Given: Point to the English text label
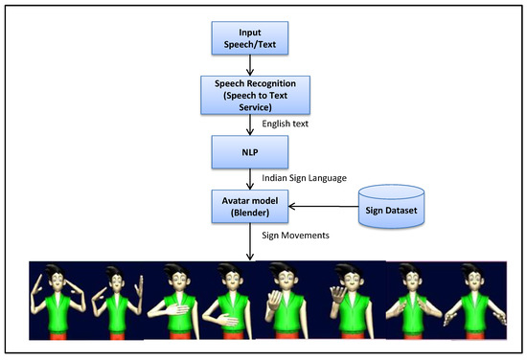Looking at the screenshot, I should click(286, 123).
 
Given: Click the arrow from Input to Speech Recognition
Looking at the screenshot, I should click(249, 64).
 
